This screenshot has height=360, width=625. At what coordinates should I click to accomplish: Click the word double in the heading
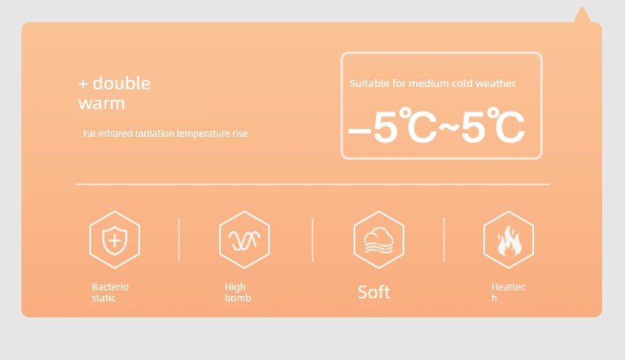[x=122, y=83]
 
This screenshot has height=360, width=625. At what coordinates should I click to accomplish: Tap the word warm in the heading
[x=101, y=104]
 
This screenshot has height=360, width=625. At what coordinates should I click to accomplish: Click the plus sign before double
[x=83, y=84]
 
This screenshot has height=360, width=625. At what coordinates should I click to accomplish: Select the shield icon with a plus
[x=115, y=240]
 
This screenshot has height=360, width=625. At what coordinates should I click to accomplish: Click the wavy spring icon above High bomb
[x=244, y=241]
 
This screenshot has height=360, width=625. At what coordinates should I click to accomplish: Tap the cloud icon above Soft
[x=379, y=240]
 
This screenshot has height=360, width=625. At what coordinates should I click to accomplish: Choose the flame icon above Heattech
[x=509, y=241]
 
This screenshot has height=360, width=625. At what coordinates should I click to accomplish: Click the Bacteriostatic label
[x=111, y=292]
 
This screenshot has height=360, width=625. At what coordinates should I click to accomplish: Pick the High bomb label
[x=238, y=292]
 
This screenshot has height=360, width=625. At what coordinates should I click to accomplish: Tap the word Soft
[x=374, y=292]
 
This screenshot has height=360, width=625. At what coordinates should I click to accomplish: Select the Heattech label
[x=509, y=292]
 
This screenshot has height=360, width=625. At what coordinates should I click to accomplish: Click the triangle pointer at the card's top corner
[x=582, y=15]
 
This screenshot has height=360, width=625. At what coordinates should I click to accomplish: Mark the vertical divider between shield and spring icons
[x=179, y=240]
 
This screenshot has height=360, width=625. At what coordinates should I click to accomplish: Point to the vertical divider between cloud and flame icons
[x=444, y=240]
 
